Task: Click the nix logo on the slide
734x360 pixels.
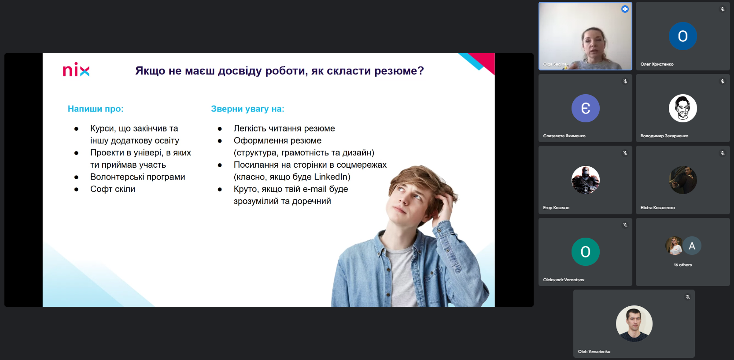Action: click(x=76, y=70)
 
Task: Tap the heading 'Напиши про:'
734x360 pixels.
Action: click(x=96, y=109)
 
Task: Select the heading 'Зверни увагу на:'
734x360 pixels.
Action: click(x=247, y=109)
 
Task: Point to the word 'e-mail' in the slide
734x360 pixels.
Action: click(x=314, y=189)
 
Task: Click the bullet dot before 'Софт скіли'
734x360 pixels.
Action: click(x=76, y=189)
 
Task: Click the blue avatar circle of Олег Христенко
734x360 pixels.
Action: click(x=682, y=36)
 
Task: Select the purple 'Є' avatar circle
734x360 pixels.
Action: click(x=585, y=108)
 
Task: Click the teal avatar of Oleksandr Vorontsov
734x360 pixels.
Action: click(x=585, y=252)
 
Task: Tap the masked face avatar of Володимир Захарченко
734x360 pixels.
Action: click(x=682, y=108)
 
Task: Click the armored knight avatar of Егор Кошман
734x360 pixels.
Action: click(x=585, y=180)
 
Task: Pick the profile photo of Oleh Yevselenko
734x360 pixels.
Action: click(x=634, y=323)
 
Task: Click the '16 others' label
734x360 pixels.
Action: click(x=682, y=264)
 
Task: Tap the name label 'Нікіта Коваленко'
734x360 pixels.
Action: click(x=657, y=208)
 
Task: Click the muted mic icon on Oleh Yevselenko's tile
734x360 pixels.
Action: click(x=687, y=297)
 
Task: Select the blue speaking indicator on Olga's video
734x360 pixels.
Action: click(x=624, y=9)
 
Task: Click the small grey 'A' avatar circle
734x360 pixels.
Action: click(x=692, y=246)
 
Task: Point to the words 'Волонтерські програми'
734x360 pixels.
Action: click(x=138, y=177)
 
